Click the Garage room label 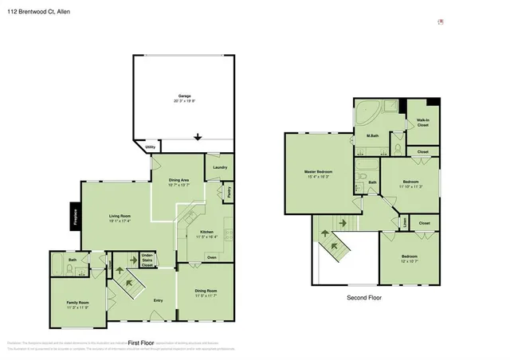185,96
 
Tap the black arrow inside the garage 198,135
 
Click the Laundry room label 221,167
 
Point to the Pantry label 229,192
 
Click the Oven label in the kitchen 212,257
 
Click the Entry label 158,299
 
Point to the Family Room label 77,302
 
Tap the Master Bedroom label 318,171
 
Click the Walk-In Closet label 422,123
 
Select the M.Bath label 371,136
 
